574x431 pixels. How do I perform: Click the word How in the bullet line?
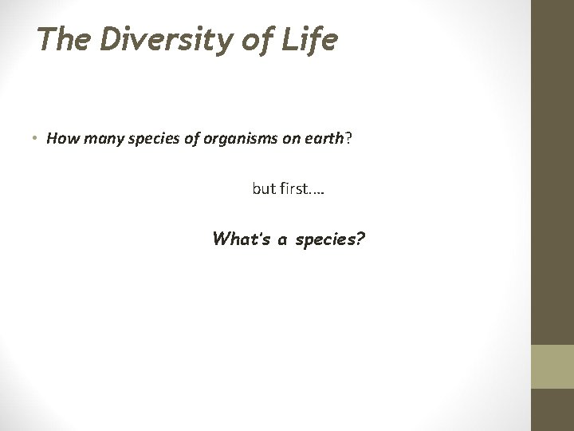59,138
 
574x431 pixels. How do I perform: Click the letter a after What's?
282,239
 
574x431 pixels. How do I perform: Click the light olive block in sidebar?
552,366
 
